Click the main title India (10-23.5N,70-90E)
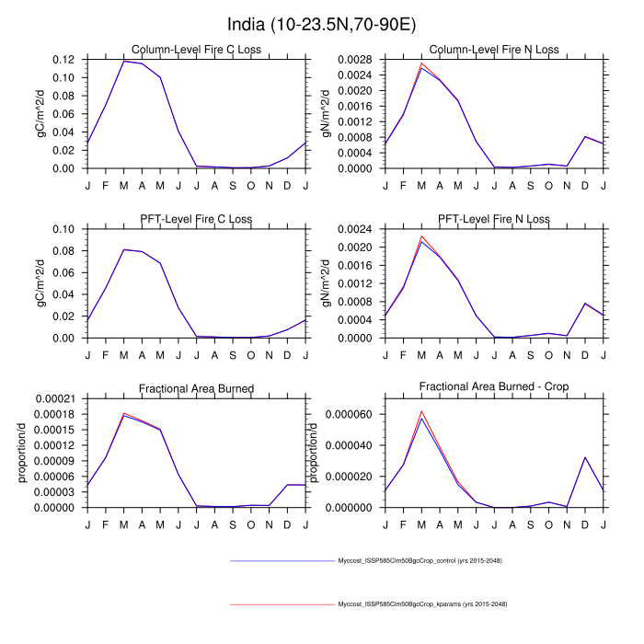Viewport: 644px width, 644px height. [x=321, y=22]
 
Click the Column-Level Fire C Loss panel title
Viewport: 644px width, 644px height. [x=194, y=49]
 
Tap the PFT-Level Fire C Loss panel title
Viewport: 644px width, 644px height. [x=194, y=219]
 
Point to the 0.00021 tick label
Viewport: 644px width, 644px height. [x=61, y=398]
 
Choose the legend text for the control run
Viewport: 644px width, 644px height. [x=420, y=560]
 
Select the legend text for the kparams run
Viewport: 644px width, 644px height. [x=422, y=604]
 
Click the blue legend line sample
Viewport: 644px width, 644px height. [x=281, y=560]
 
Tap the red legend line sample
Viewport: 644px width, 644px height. [x=281, y=604]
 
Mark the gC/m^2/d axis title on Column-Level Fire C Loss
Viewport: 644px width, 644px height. [x=40, y=114]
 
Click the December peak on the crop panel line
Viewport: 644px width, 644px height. [x=585, y=457]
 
